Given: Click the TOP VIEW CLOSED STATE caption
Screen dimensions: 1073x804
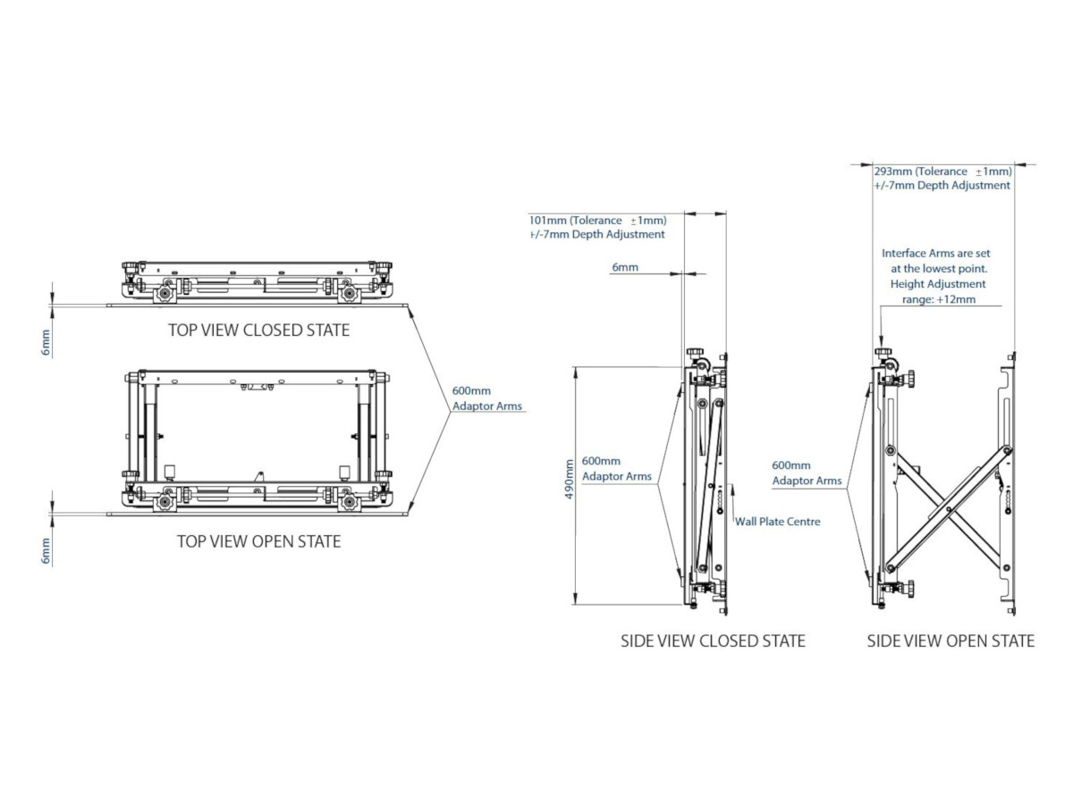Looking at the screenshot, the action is [x=258, y=330].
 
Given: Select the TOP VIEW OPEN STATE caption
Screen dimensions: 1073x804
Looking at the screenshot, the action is [x=258, y=541].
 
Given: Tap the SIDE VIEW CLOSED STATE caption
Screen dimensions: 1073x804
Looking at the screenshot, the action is [x=713, y=641].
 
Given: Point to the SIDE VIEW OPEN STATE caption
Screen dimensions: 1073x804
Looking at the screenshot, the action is [x=950, y=641].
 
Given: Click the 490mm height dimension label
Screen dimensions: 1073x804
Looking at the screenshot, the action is [x=569, y=480].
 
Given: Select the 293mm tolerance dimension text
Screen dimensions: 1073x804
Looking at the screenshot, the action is [x=943, y=172].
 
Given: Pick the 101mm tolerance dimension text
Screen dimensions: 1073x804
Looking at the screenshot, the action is [x=598, y=220].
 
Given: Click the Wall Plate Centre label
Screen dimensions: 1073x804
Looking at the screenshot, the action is [x=778, y=522].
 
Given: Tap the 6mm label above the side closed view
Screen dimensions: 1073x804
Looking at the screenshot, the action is [x=625, y=267].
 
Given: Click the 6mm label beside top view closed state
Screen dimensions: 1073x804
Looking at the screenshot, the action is [x=46, y=342].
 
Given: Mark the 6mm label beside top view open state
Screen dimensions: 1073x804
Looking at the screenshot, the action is [x=46, y=551].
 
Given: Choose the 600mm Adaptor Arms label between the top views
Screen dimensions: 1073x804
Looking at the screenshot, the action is [x=487, y=398].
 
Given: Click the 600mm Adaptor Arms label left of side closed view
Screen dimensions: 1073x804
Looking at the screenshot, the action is [x=616, y=469].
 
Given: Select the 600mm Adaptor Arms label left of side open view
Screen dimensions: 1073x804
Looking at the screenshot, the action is [x=807, y=473].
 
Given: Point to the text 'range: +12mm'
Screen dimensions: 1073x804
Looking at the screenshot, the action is [x=939, y=299].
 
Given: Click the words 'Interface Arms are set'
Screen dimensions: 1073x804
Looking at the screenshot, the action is [x=935, y=254].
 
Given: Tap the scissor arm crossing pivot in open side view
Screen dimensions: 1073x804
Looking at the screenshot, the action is [x=949, y=509].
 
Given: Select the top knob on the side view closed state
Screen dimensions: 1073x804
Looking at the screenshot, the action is [x=694, y=352].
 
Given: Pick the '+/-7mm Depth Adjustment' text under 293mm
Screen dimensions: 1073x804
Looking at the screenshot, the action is [x=942, y=186].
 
